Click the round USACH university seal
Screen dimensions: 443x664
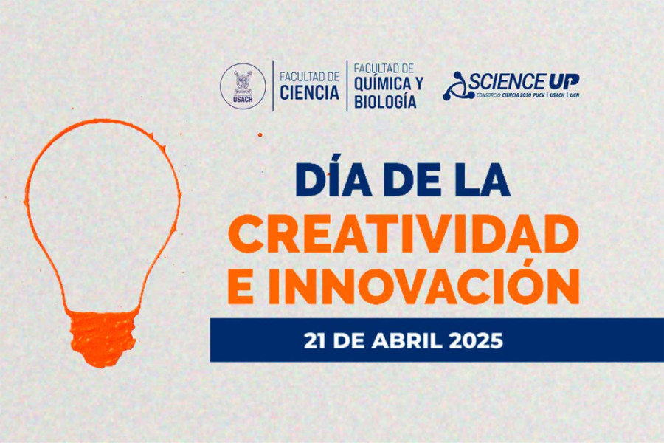point(243,85)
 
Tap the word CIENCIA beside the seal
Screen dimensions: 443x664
point(310,93)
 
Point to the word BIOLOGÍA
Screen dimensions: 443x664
point(385,102)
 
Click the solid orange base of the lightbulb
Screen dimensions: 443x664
point(103,338)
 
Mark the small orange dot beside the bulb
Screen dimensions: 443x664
point(260,135)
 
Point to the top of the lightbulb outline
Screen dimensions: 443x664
point(103,122)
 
